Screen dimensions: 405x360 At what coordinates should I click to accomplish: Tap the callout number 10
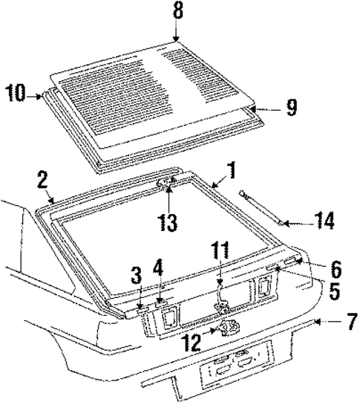click(16, 94)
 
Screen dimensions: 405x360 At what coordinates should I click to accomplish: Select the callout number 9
click(291, 108)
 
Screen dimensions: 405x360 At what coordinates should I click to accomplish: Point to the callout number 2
click(42, 180)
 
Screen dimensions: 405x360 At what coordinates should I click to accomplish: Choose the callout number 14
click(324, 221)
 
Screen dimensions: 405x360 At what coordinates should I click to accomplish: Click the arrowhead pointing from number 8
click(176, 39)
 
